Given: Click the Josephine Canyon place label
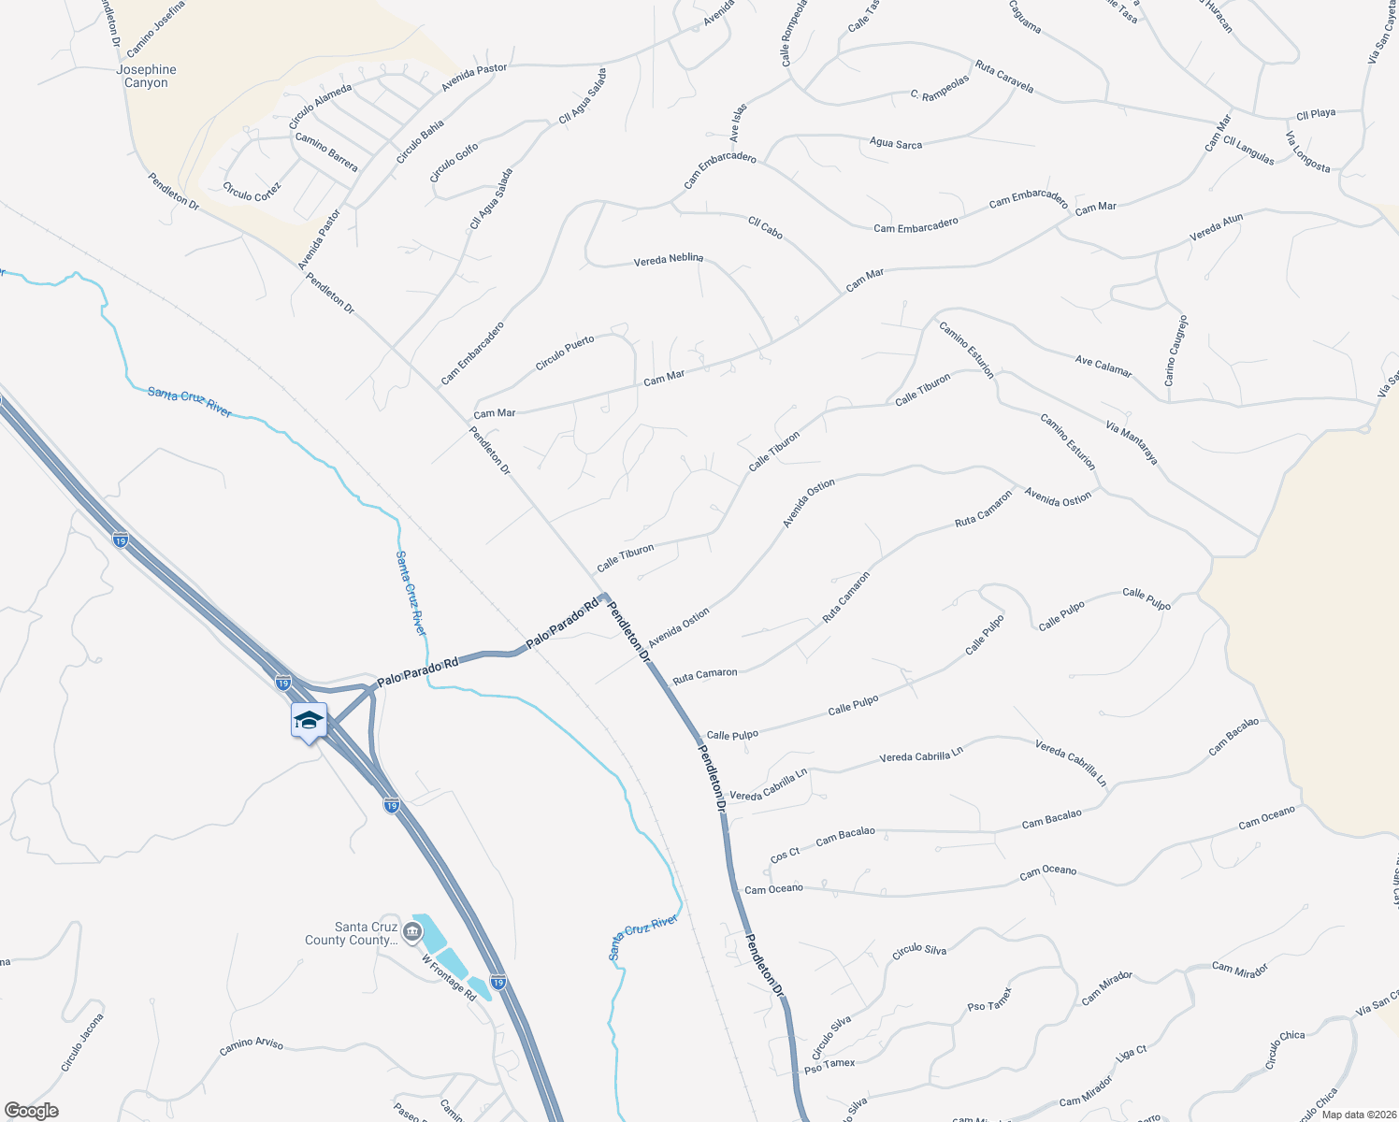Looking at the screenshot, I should point(146,77).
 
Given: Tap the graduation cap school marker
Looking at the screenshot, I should point(309,721).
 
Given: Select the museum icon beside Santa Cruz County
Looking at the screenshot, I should point(412,931).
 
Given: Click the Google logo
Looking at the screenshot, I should point(32,1111).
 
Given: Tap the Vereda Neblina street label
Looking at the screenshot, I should point(668,260).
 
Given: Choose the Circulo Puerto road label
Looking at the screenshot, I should point(565,352).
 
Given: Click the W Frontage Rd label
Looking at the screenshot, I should point(449,978).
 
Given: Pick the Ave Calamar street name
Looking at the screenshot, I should point(1103,366).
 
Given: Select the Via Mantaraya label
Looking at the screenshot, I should point(1132,443).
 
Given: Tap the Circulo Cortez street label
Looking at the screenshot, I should point(252,191).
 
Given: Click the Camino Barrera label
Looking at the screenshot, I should point(326,152).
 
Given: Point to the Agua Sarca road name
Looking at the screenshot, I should point(896,143).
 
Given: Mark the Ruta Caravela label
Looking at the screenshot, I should point(1004,77).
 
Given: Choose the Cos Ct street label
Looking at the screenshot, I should point(785,855).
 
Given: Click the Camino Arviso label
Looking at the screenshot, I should point(252,1047).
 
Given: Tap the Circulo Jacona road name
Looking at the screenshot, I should point(82,1043).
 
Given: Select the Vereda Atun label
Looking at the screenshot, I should point(1216,228).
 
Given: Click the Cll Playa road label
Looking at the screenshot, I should point(1316,114).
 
